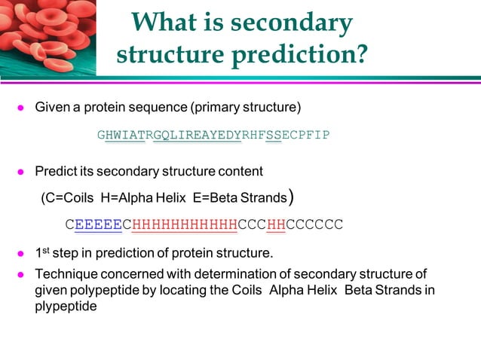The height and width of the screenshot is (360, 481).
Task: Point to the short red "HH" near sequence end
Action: coord(276,224)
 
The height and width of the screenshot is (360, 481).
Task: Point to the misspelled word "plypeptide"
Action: coord(66,307)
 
